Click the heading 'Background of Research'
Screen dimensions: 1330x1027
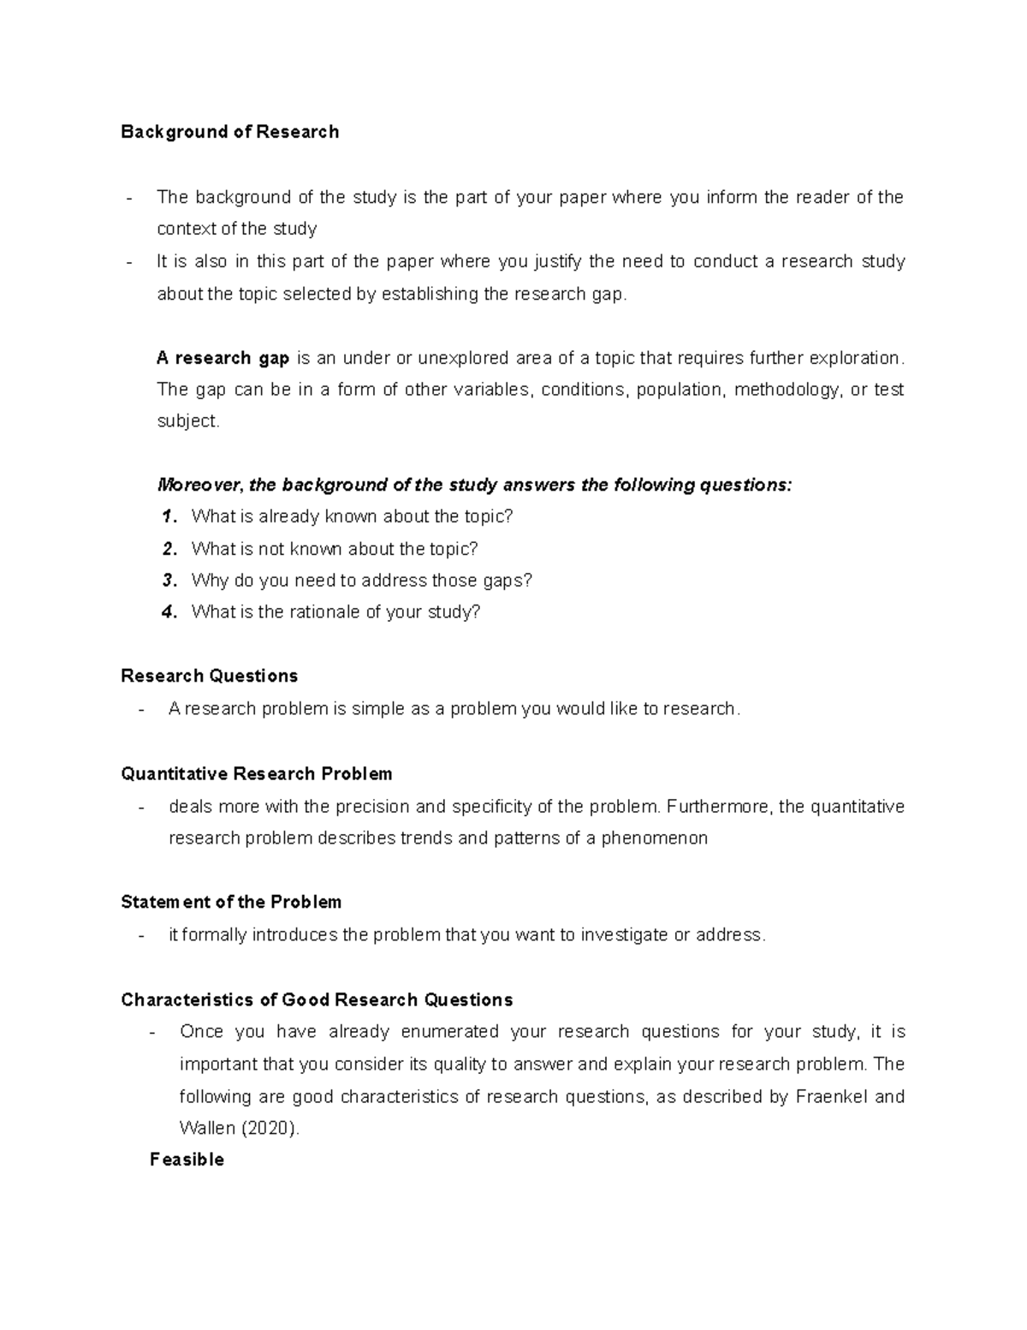(x=229, y=132)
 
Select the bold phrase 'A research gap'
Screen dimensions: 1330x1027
(x=223, y=358)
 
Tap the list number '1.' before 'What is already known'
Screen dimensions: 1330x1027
(x=169, y=516)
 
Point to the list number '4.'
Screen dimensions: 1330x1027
(x=169, y=612)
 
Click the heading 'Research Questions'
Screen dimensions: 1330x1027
(x=209, y=677)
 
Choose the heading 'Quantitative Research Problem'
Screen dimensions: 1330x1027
(x=256, y=774)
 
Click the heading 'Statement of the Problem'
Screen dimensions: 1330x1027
(x=231, y=903)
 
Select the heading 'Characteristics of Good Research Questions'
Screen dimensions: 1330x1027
(x=317, y=1000)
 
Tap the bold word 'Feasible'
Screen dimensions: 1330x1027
(x=187, y=1160)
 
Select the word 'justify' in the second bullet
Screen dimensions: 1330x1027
(x=557, y=261)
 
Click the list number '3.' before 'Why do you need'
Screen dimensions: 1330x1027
(x=169, y=581)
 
